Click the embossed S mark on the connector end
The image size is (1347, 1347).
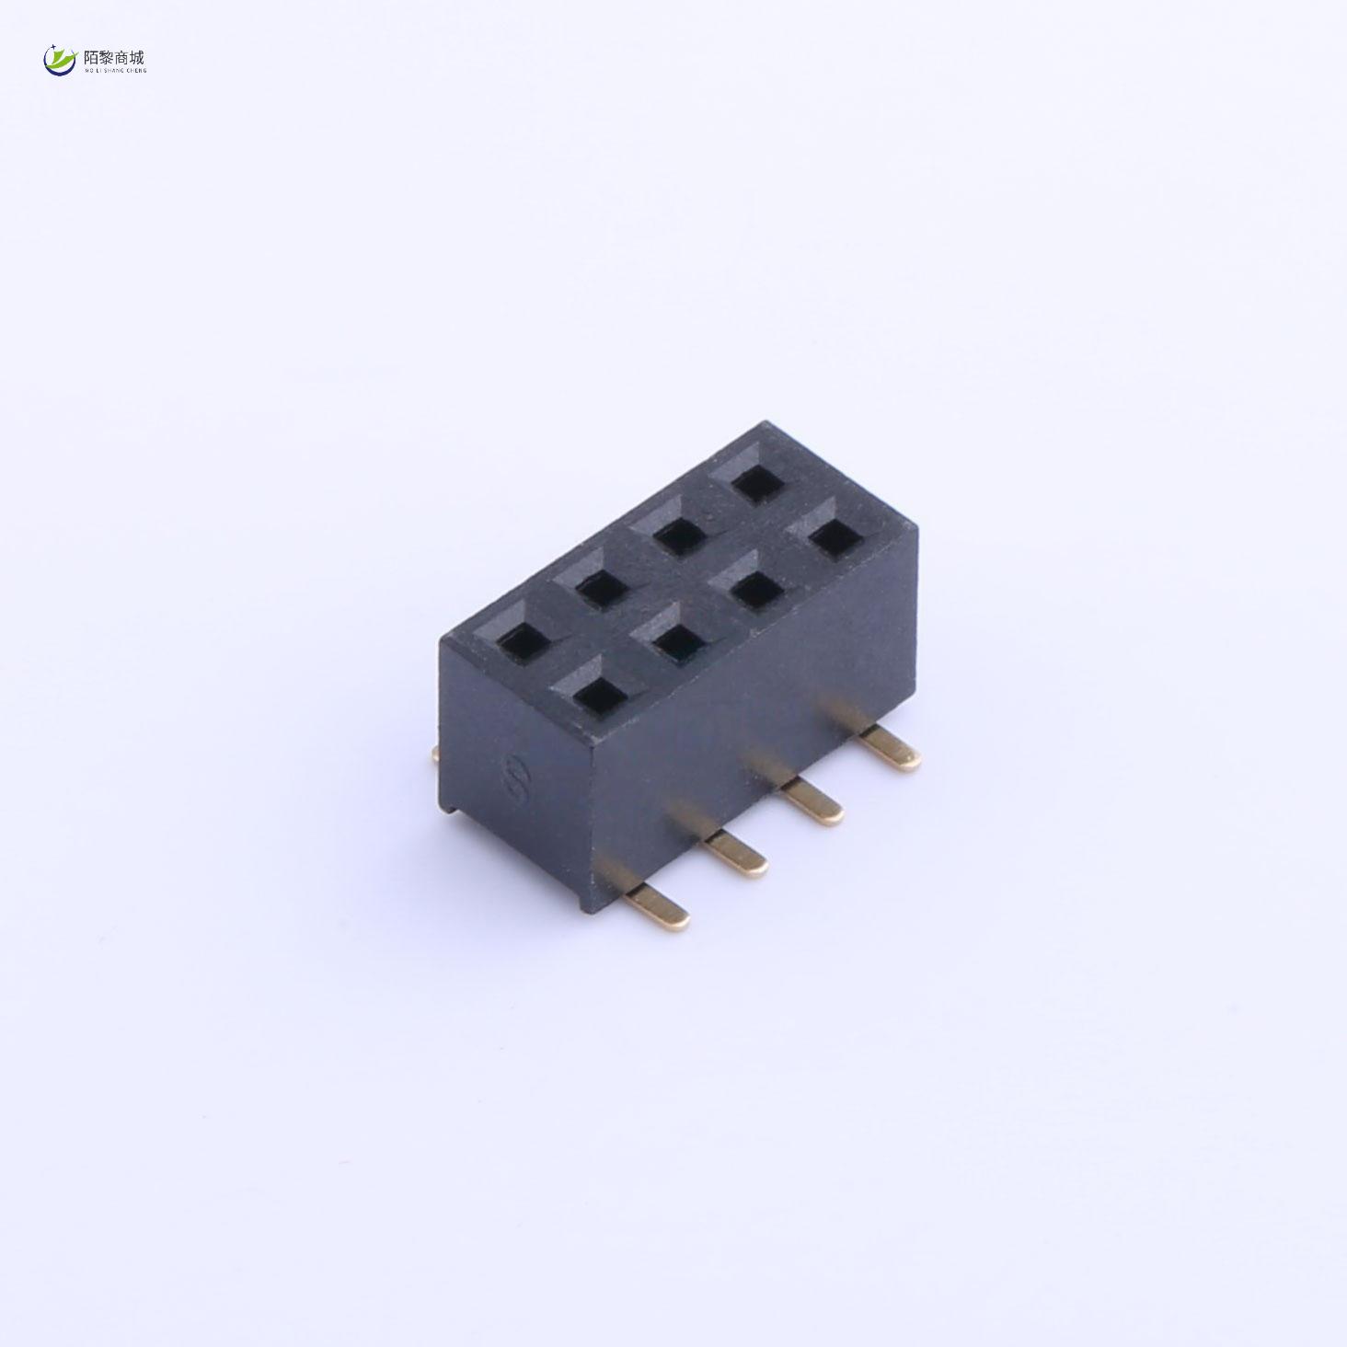[x=513, y=780]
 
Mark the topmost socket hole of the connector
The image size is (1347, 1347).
[x=754, y=481]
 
